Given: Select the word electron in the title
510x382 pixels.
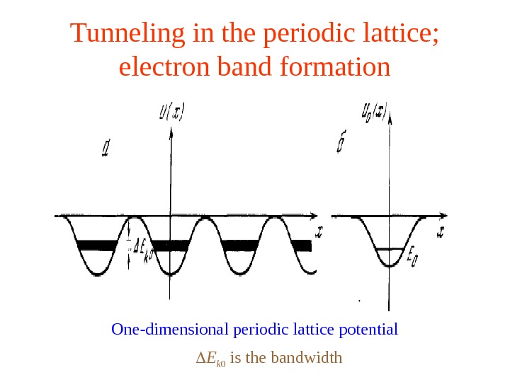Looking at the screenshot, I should point(153,67).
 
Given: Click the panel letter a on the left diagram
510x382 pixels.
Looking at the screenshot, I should point(106,149).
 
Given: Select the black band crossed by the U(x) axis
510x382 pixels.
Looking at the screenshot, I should point(170,246).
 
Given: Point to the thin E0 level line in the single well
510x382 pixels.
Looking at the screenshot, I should point(389,249).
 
